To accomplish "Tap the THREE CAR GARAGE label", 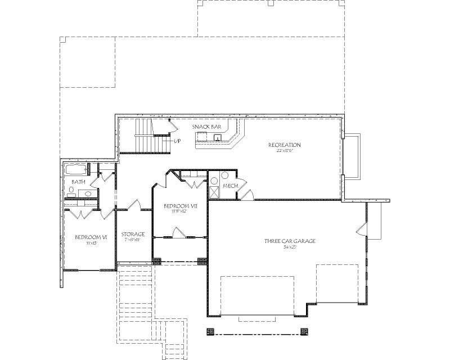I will [x=290, y=241].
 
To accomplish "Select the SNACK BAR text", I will [x=206, y=127].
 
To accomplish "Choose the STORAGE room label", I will [x=133, y=234].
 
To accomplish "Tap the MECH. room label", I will [x=229, y=186].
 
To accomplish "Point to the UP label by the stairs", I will [x=177, y=140].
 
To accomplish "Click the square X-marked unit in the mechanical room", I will [x=214, y=192].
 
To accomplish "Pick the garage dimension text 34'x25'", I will [x=290, y=247].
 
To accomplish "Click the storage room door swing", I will [x=133, y=204].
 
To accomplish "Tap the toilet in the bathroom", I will [x=95, y=169].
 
